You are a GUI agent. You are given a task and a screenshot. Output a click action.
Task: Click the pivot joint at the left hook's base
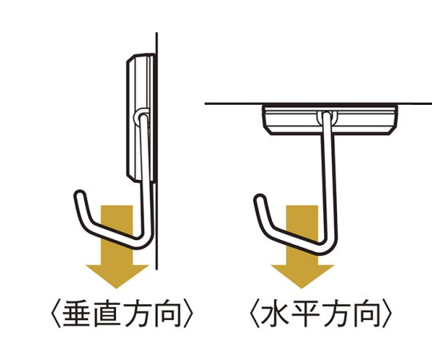pos(142,118)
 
